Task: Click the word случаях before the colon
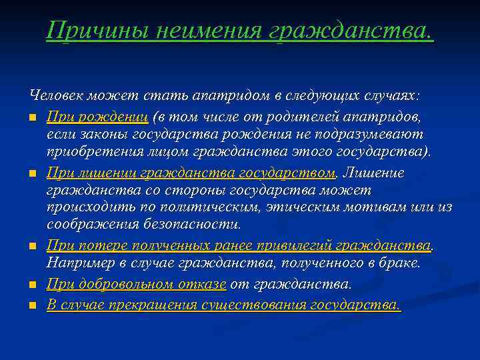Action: click(x=390, y=97)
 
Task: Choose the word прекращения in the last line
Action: click(x=159, y=305)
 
